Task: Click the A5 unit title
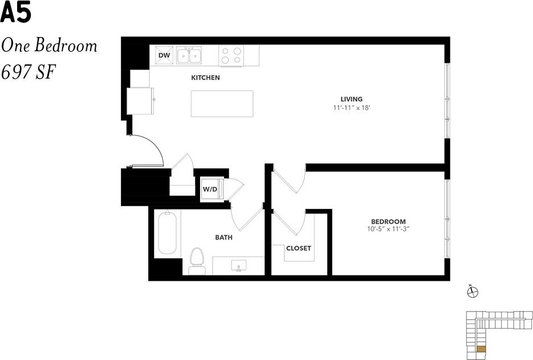(x=15, y=14)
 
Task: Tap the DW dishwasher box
(x=164, y=55)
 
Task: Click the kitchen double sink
(x=189, y=56)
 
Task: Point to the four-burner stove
(x=231, y=55)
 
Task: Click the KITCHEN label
(x=205, y=77)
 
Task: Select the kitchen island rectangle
(x=222, y=104)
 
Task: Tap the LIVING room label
(x=352, y=99)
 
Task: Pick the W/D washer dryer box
(x=210, y=189)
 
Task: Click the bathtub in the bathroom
(x=168, y=232)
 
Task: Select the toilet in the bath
(x=197, y=261)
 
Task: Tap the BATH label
(x=223, y=237)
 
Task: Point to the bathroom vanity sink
(x=238, y=265)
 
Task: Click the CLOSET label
(x=299, y=248)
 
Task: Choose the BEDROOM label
(x=388, y=222)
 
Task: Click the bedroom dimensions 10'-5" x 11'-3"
(x=388, y=230)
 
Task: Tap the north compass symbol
(x=472, y=292)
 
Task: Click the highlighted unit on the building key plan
(x=481, y=349)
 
